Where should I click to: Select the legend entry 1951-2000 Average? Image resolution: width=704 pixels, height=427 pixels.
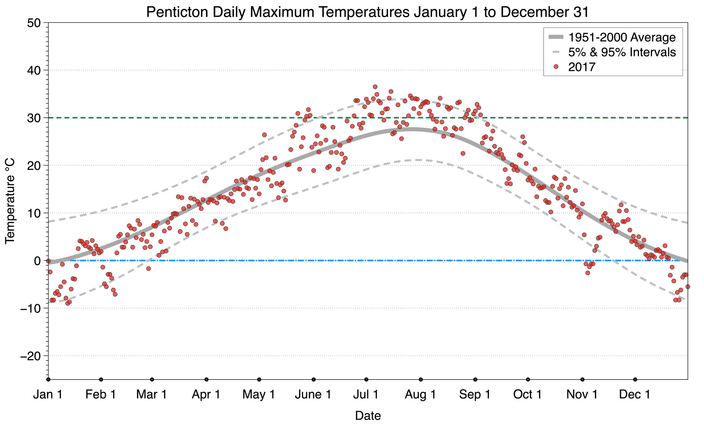point(622,38)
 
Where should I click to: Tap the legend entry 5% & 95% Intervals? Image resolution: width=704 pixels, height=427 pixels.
point(622,52)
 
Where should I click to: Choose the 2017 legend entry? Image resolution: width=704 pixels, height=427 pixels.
point(582,67)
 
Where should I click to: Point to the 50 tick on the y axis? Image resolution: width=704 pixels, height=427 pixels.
point(34,23)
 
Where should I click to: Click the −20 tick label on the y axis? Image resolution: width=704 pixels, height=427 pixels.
point(30,356)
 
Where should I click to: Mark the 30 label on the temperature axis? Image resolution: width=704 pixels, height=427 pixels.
point(34,118)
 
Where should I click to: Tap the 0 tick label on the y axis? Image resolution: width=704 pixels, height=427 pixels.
point(37,261)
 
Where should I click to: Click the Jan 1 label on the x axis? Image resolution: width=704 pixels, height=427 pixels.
point(48,394)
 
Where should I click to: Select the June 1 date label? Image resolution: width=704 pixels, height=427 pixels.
point(313,394)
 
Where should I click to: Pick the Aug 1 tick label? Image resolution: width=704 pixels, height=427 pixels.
point(420,394)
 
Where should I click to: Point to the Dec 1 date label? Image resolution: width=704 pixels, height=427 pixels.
point(634,394)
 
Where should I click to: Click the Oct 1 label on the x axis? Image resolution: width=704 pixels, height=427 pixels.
point(527,394)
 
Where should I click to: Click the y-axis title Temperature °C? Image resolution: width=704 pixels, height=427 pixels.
point(10,201)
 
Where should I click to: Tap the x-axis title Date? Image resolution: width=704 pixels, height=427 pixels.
point(368,416)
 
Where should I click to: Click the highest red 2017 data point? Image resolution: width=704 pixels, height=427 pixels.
point(375,87)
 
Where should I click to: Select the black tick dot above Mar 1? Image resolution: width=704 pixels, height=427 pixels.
point(152,380)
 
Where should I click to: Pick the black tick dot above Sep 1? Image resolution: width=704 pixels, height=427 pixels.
point(475,380)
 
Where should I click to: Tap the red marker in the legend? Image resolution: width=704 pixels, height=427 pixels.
point(556,67)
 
